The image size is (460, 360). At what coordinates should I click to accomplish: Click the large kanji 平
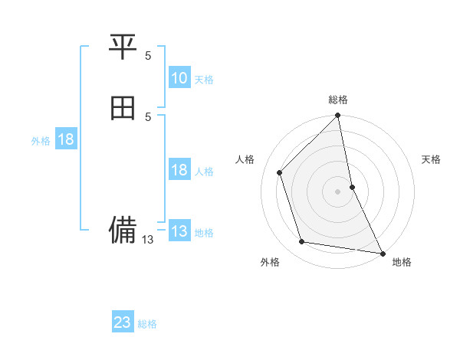point(123,48)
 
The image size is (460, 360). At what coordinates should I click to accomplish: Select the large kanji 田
point(123,108)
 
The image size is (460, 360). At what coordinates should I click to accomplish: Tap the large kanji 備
point(123,228)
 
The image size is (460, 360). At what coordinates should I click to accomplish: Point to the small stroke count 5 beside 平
point(148,56)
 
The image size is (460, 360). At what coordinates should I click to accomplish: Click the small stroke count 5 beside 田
point(148,116)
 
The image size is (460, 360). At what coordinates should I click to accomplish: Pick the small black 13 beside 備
point(148,240)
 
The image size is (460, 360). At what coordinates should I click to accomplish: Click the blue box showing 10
point(179,78)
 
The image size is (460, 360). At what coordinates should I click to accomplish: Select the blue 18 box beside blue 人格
point(179,170)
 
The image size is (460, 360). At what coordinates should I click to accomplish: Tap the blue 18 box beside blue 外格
point(66,139)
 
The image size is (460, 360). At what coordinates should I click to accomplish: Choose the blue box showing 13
point(179,231)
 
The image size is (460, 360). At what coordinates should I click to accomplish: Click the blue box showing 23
point(123,322)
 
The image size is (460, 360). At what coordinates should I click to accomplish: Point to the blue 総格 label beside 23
point(147,324)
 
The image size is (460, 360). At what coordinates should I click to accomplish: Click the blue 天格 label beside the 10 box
point(204,80)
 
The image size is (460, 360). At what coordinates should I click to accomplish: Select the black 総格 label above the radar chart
point(338,100)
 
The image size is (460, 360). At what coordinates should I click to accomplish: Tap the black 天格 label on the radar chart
point(432,159)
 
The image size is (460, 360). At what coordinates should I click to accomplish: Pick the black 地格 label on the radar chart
point(402,262)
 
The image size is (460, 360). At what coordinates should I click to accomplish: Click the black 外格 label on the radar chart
point(270,262)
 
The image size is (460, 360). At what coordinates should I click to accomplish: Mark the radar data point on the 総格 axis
point(338,116)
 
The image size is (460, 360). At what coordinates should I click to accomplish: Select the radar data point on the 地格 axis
point(381,252)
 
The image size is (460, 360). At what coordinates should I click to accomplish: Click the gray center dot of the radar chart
point(338,191)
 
